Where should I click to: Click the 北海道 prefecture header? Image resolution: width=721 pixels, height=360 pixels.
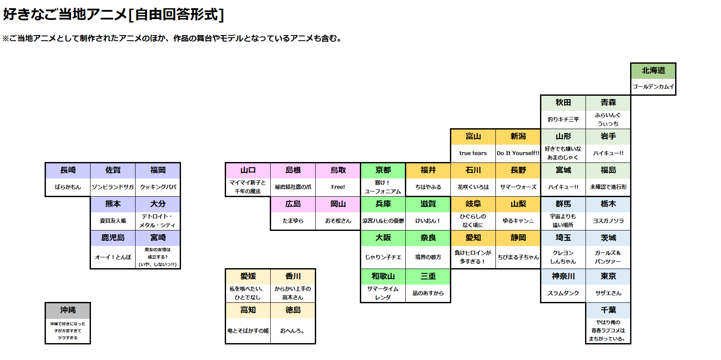[653, 71]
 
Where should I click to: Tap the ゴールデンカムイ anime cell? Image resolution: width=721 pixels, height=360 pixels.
[653, 87]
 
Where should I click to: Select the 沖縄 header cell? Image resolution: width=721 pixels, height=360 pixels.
[68, 311]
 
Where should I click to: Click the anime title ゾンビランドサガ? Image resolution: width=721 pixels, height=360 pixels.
[113, 187]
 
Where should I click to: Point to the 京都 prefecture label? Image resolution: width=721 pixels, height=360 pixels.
[383, 170]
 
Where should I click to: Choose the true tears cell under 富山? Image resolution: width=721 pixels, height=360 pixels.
[473, 153]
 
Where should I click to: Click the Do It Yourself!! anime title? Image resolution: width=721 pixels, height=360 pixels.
[518, 153]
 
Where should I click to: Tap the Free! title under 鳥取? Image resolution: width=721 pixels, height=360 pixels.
[338, 187]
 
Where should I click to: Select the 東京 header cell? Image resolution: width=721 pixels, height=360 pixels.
[608, 276]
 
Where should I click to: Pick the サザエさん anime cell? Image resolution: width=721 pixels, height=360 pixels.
[608, 293]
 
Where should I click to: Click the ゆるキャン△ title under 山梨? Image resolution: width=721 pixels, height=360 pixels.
[518, 221]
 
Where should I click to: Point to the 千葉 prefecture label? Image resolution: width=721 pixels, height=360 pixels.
[608, 310]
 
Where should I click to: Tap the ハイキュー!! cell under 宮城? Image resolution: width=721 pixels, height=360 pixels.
[563, 187]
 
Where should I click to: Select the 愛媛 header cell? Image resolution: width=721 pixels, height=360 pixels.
[248, 276]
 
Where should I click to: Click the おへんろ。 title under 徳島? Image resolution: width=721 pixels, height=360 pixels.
[292, 331]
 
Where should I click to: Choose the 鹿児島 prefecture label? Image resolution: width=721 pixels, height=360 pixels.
[113, 238]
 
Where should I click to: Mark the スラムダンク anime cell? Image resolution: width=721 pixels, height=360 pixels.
[563, 293]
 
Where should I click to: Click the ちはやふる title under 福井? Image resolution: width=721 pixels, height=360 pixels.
[428, 187]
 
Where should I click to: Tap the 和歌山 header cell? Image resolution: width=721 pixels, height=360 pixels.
[383, 276]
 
